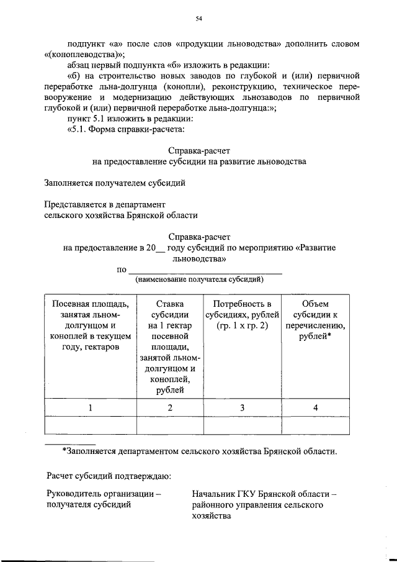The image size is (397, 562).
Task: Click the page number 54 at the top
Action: tap(199, 20)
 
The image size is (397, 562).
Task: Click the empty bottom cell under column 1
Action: tap(91, 425)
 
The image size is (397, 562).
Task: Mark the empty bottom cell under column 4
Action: tap(315, 425)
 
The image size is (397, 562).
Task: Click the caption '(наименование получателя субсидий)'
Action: tap(199, 280)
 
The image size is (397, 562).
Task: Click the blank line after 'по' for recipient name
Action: tap(204, 270)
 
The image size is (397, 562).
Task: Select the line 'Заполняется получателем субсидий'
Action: tap(115, 183)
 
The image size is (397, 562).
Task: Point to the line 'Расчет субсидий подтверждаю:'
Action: tap(109, 476)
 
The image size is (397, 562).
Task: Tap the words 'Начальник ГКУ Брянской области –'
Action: tap(264, 494)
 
